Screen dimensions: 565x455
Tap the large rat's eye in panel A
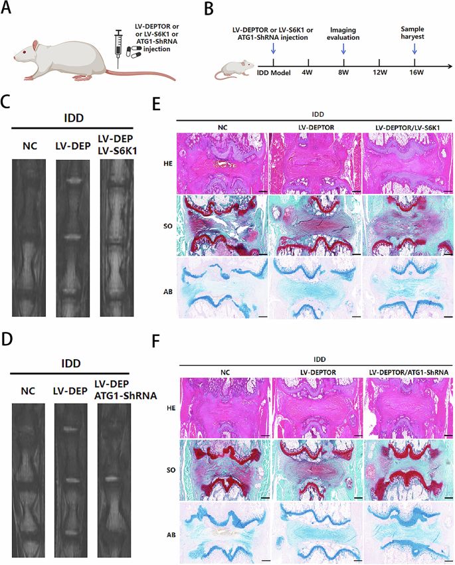31,48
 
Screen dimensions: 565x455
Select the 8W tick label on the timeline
343,72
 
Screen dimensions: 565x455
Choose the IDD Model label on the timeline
270,72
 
